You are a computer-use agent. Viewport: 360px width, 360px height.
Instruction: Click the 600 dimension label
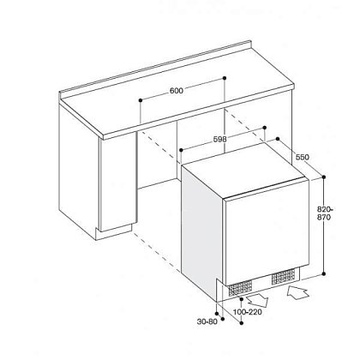[177, 91]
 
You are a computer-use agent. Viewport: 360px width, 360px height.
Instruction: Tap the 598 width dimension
[220, 139]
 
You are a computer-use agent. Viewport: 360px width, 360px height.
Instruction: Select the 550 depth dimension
[303, 157]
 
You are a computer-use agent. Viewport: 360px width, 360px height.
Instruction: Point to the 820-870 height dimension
[325, 213]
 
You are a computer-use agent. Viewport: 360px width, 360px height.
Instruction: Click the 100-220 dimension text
[248, 312]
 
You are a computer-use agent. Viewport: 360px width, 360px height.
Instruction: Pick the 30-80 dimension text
[207, 321]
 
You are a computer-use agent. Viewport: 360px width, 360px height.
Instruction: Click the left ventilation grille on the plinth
[240, 288]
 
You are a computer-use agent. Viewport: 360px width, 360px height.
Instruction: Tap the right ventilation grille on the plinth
[283, 277]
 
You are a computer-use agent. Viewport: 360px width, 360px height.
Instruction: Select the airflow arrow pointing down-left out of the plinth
[257, 301]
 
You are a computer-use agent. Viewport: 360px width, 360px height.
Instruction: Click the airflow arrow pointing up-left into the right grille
[297, 292]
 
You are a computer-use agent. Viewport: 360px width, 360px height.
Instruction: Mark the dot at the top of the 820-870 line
[324, 177]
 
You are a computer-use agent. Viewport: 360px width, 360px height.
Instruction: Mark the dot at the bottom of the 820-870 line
[324, 273]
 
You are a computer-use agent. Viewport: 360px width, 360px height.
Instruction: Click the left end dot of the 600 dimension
[141, 100]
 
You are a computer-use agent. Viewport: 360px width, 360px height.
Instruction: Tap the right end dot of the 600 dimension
[225, 78]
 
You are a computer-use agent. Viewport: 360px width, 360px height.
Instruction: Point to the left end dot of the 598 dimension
[181, 150]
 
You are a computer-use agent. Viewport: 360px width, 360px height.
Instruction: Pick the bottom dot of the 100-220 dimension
[242, 323]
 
